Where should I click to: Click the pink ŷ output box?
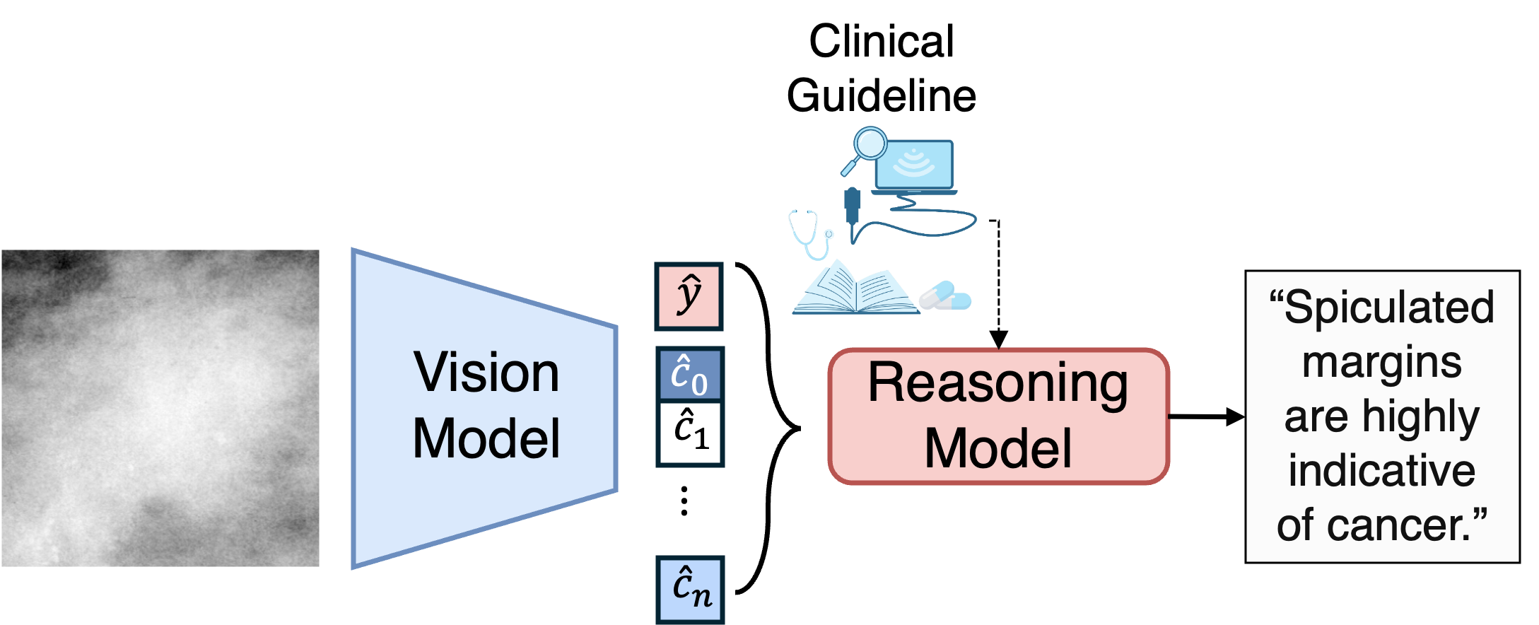pos(689,296)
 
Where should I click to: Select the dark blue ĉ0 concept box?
pos(689,375)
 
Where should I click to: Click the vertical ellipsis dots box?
pos(689,499)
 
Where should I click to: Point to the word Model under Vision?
pos(486,438)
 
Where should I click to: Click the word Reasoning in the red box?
pos(997,384)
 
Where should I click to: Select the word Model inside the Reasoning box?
pos(997,448)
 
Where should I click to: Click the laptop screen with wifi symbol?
pos(914,164)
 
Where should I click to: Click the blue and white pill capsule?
pos(945,296)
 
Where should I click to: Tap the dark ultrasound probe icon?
pos(853,207)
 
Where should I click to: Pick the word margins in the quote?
pos(1381,362)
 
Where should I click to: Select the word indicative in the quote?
pos(1381,470)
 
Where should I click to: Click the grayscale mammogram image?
pos(160,408)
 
